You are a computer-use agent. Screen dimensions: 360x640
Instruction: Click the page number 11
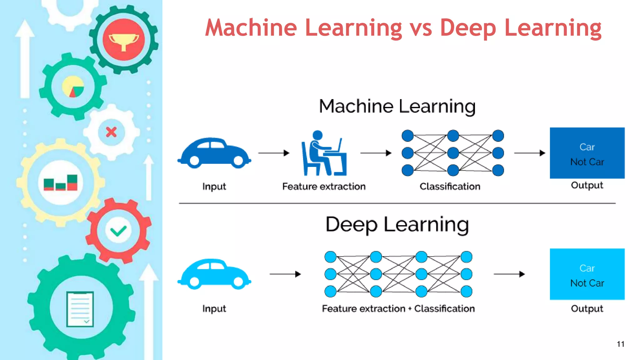620,344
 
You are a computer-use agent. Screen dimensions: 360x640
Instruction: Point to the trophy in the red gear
123,40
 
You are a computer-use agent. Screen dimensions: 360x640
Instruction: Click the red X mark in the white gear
111,132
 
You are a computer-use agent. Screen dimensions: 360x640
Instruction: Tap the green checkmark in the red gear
118,231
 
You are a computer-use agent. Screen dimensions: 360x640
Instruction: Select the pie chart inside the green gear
73,87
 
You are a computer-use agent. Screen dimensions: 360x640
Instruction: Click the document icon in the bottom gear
80,309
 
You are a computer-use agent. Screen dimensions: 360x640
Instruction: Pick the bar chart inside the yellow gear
61,182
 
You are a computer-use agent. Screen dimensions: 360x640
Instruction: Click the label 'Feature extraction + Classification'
398,308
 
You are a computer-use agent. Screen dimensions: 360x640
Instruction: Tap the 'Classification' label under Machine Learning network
450,186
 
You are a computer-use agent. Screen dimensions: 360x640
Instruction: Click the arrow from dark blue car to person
274,153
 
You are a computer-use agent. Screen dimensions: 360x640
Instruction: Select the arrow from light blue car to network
285,274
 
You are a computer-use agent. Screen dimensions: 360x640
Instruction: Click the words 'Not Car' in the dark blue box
587,162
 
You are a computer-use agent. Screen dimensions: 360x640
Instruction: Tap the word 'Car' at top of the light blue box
587,268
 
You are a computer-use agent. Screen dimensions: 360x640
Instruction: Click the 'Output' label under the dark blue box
587,185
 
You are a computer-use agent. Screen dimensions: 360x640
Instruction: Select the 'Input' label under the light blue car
214,309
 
